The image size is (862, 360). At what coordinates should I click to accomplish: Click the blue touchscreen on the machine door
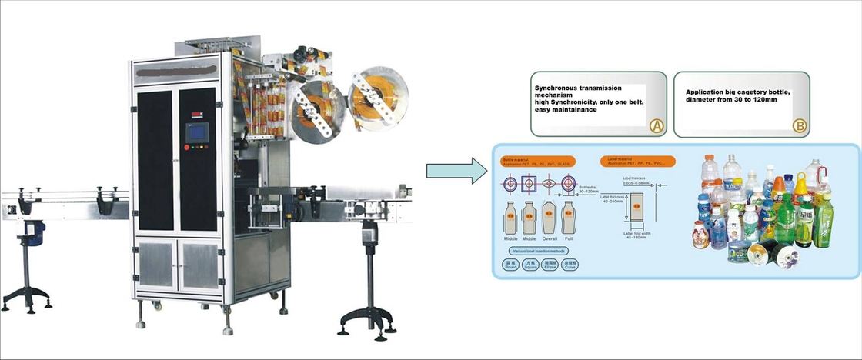(x=199, y=132)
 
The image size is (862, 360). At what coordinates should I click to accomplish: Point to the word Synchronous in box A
(x=562, y=88)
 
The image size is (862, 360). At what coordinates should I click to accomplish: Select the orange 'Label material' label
(x=636, y=162)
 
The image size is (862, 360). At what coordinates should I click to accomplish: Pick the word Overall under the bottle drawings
(x=549, y=239)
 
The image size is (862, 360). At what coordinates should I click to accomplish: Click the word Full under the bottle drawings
(x=569, y=239)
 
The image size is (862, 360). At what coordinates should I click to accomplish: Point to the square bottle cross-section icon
(x=529, y=185)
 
